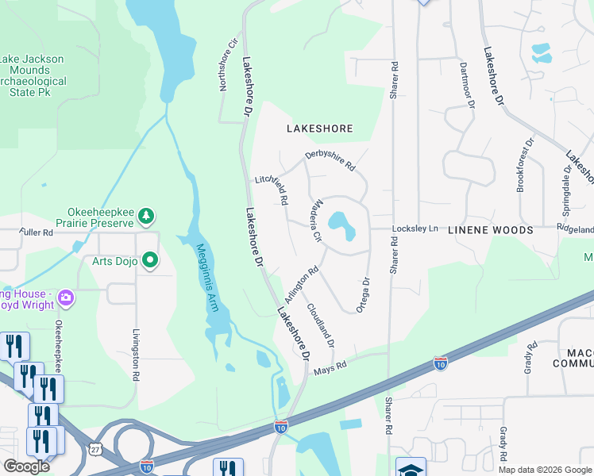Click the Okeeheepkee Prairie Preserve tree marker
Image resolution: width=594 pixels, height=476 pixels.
coord(145,215)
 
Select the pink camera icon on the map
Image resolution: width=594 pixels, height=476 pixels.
coord(66,297)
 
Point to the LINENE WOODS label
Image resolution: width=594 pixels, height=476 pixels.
coord(490,230)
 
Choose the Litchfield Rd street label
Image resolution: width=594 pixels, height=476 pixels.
coord(272,186)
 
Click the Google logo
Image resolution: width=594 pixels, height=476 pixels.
coord(26,466)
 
